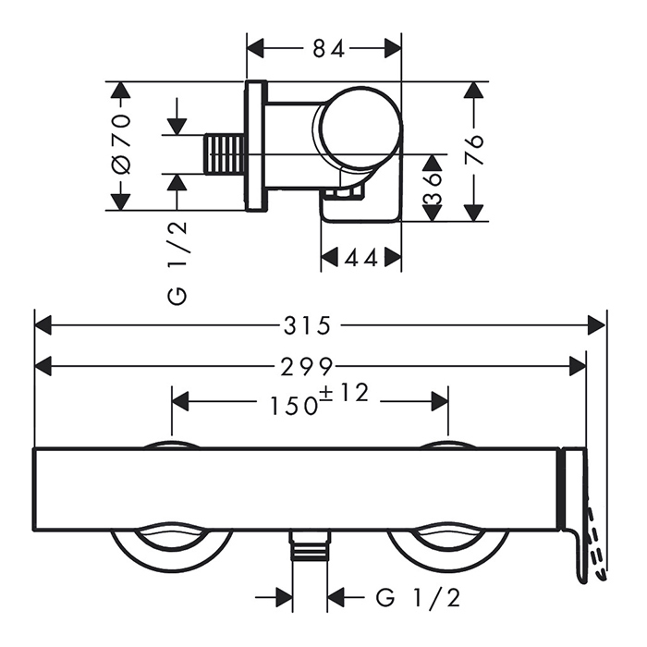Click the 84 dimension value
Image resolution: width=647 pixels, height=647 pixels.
coord(323,48)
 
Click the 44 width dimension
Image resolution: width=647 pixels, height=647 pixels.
coord(361,259)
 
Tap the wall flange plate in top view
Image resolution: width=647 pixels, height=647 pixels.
coord(256,146)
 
